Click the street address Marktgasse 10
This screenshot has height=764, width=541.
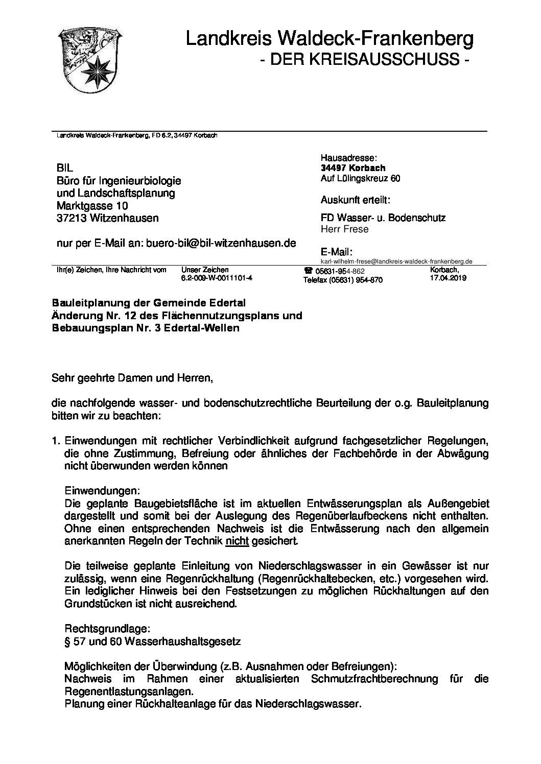click(x=92, y=206)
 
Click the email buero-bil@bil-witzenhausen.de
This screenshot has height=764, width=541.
click(x=221, y=244)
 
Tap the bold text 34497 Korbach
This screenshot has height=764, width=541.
click(x=353, y=168)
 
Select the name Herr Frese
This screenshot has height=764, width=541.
click(x=344, y=229)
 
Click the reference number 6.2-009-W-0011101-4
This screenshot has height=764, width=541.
click(x=217, y=279)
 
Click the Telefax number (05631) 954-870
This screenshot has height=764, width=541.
click(x=342, y=280)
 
